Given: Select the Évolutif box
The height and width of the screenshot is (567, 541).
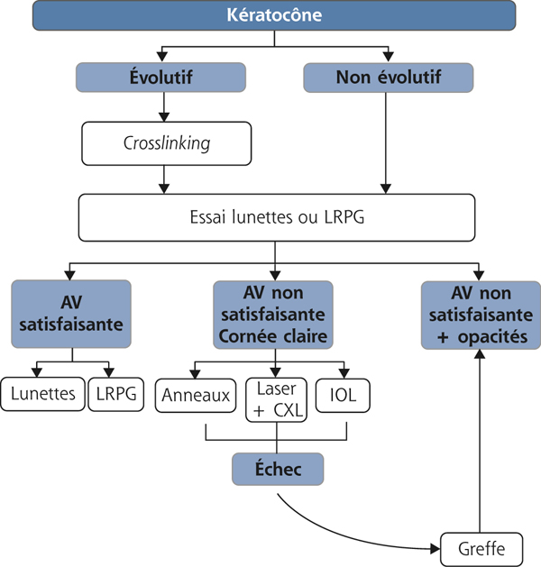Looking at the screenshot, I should [x=163, y=77].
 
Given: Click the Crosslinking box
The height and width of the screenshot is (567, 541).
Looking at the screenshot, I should [x=163, y=143].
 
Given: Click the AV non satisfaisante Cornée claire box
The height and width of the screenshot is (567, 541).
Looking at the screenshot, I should [x=272, y=315].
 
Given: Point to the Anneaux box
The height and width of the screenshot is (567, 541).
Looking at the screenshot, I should [x=194, y=395].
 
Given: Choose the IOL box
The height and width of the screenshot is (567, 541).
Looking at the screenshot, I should [x=344, y=395].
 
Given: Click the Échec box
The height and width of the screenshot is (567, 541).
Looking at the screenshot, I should [x=278, y=469].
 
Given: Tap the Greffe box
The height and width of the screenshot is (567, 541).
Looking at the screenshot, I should [x=480, y=547].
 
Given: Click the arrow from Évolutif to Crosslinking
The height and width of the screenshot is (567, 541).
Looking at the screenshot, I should [x=163, y=106].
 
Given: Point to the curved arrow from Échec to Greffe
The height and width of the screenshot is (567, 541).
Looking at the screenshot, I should [x=352, y=532].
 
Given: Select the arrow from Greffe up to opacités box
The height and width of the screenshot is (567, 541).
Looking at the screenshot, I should [x=480, y=442].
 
